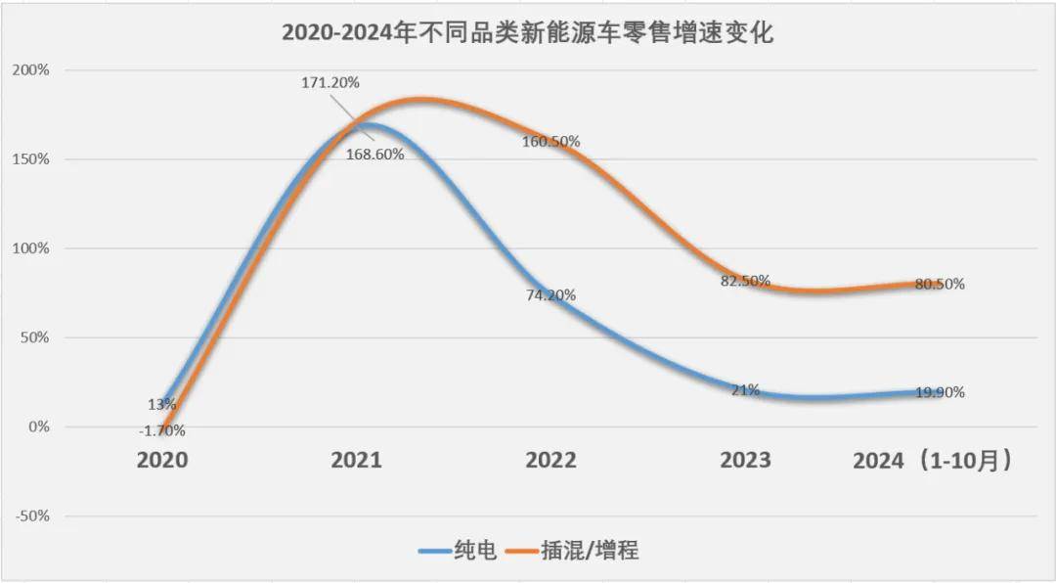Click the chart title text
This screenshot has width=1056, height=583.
(528, 33)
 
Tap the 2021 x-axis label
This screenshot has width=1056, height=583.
(355, 460)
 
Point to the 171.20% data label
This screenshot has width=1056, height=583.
(330, 83)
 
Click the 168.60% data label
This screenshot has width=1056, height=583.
(374, 154)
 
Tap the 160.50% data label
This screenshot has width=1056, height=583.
(551, 142)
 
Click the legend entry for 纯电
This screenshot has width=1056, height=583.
(460, 551)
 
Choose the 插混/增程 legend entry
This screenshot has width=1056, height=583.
(579, 551)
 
